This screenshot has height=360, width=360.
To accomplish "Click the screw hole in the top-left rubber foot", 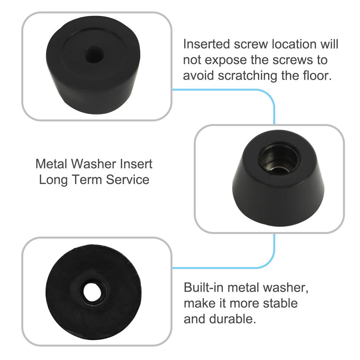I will point(94,54).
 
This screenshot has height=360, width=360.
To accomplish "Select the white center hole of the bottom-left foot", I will point(92,291).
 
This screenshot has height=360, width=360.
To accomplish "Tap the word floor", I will point(316,76).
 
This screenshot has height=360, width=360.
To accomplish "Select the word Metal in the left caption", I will point(51,164).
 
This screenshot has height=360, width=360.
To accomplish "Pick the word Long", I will point(52,180).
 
